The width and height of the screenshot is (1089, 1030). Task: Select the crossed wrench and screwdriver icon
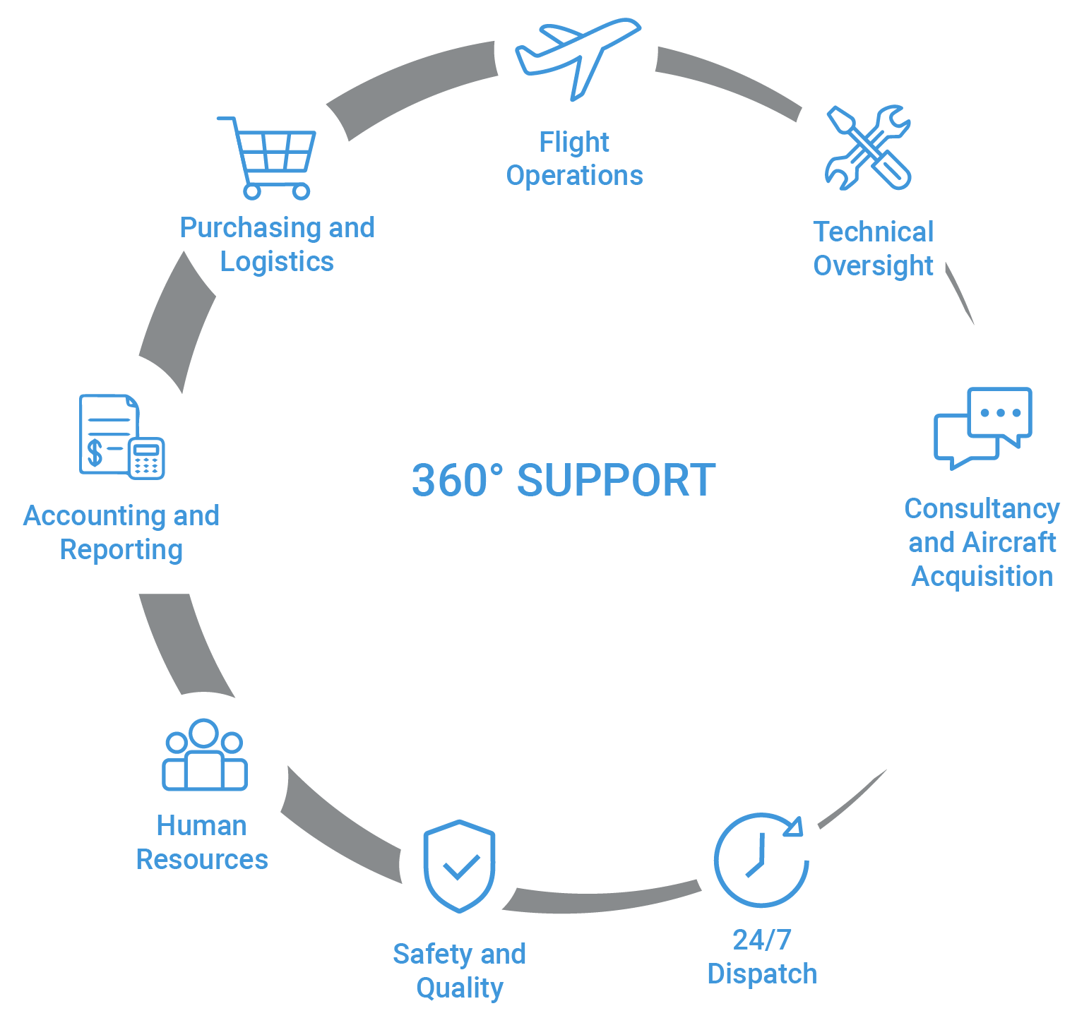click(869, 147)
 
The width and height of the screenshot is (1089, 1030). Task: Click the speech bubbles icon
click(983, 428)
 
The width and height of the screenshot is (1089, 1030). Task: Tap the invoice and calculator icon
click(121, 436)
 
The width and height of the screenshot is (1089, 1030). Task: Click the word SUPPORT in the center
click(617, 481)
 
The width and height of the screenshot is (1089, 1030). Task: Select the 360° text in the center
click(458, 481)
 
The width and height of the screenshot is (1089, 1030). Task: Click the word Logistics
click(277, 263)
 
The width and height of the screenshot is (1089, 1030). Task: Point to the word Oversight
click(874, 267)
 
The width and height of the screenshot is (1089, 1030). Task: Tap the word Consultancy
click(982, 509)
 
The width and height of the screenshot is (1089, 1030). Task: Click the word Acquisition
click(982, 577)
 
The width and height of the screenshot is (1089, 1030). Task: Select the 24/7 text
click(762, 940)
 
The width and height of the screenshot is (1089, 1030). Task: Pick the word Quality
click(460, 988)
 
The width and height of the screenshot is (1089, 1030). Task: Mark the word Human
click(202, 825)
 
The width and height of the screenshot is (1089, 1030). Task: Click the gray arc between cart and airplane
click(410, 88)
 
